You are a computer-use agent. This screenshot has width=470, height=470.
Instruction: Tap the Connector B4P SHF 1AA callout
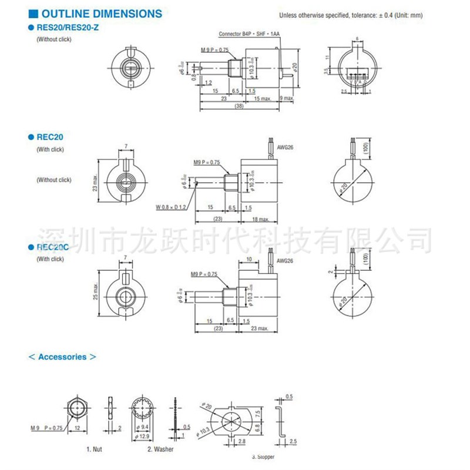(x=249, y=35)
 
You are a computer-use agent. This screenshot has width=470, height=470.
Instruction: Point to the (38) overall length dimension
(x=239, y=106)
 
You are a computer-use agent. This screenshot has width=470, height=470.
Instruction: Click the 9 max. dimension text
(x=287, y=98)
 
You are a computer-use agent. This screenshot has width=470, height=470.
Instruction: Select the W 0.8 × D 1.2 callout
(x=171, y=207)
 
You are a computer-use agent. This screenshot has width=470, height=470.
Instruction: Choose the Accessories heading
(x=62, y=357)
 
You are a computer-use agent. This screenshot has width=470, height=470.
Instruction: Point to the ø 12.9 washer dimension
(x=143, y=436)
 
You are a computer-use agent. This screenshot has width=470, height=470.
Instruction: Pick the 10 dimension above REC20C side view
(x=249, y=258)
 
